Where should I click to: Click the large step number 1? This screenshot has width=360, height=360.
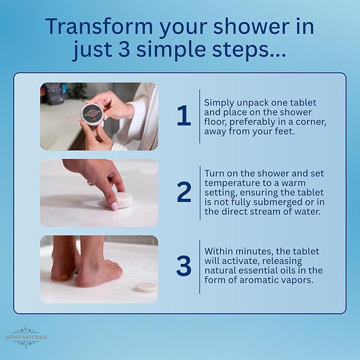click(x=184, y=116)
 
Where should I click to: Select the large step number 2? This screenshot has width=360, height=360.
click(x=184, y=192)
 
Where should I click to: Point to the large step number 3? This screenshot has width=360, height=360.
click(x=184, y=266)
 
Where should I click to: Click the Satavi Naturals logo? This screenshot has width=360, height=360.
click(x=25, y=337)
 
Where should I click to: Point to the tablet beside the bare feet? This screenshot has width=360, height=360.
click(x=146, y=287)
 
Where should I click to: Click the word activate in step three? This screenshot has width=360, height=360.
click(x=242, y=261)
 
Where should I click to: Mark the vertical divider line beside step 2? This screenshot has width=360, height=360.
click(x=200, y=192)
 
